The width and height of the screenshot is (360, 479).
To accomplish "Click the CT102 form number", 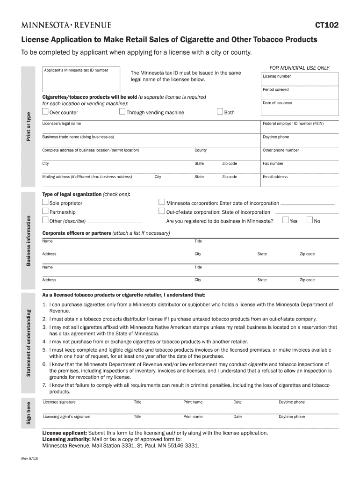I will (327, 26).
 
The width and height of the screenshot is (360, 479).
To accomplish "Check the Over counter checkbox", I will (45, 112).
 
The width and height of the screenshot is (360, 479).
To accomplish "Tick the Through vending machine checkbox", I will (122, 112).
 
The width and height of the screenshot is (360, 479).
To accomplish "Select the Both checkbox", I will (220, 112).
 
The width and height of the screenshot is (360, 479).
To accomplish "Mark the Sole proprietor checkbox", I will (45, 203).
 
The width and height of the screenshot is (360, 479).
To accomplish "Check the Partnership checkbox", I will (45, 211).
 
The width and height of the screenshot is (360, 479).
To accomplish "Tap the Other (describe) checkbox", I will (45, 220).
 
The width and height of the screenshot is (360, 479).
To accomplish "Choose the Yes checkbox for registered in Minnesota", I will (286, 220).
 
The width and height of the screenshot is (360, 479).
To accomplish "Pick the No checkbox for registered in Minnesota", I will (310, 220).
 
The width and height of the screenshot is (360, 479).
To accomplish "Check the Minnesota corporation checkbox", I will (162, 203).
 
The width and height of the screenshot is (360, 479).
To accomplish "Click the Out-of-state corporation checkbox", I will (162, 211).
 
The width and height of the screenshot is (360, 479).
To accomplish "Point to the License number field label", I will (277, 76).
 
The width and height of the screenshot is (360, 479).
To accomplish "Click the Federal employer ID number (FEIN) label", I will (293, 123).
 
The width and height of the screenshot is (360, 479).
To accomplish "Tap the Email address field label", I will (275, 177).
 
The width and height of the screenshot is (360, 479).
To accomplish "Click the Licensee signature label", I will (59, 402).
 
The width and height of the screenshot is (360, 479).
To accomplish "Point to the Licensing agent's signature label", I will (67, 416).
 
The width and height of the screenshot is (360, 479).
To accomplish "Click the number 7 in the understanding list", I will (44, 385).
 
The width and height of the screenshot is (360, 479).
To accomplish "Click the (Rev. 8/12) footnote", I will (29, 458).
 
